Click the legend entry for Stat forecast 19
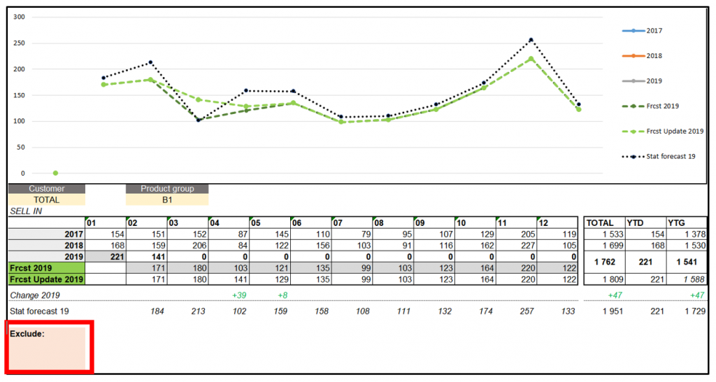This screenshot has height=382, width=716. pos(661,156)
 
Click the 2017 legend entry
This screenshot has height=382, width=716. pos(643,31)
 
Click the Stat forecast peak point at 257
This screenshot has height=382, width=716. pos(531,40)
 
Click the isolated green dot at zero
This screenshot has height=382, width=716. pos(55,173)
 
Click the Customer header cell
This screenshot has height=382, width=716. pos(47,189)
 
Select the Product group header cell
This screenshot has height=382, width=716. pos(167,189)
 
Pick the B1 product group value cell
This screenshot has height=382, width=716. pos(167,199)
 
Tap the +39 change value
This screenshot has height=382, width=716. pos(238,295)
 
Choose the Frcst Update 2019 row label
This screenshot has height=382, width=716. pos(46,279)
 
